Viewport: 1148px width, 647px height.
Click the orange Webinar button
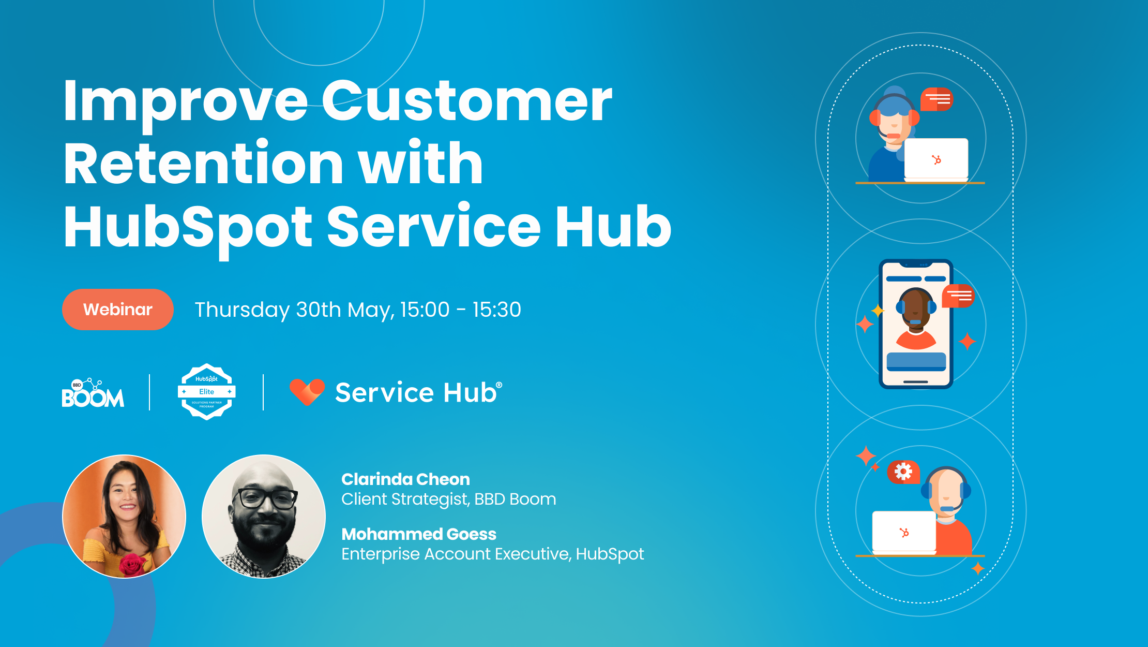click(x=118, y=310)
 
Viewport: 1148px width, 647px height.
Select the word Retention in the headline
click(x=203, y=164)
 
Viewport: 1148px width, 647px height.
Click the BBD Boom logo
click(x=93, y=393)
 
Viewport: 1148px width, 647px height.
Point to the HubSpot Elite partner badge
click(x=206, y=392)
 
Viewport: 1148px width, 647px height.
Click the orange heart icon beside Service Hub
click(x=307, y=392)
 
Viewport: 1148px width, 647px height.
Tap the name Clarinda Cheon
click(x=405, y=479)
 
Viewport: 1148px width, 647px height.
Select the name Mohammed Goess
click(x=419, y=534)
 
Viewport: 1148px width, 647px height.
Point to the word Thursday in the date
click(x=242, y=310)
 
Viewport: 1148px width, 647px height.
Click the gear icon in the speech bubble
click(x=903, y=472)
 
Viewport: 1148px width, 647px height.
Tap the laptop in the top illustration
click(x=936, y=159)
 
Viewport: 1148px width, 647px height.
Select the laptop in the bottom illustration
click(x=904, y=532)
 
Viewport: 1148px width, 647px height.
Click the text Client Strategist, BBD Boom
click(x=449, y=499)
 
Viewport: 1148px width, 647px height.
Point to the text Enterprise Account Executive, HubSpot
click(x=492, y=554)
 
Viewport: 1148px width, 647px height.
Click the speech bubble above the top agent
click(x=936, y=99)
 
